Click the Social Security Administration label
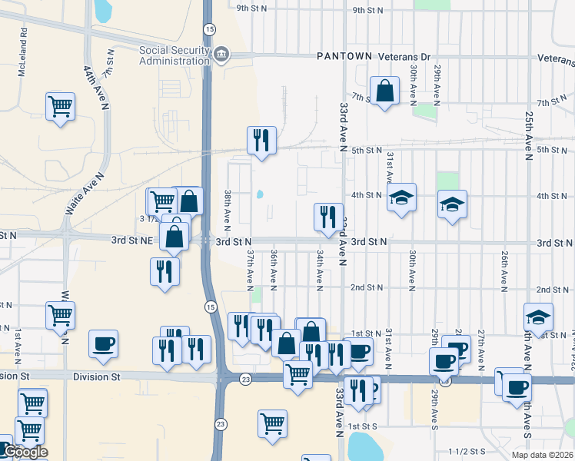[x=174, y=56]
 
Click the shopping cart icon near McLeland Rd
[x=60, y=106]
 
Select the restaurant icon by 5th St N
[x=261, y=140]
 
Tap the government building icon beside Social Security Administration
[x=221, y=53]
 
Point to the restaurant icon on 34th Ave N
[x=329, y=217]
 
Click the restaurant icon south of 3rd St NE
[x=165, y=271]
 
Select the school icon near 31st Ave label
[x=401, y=197]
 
